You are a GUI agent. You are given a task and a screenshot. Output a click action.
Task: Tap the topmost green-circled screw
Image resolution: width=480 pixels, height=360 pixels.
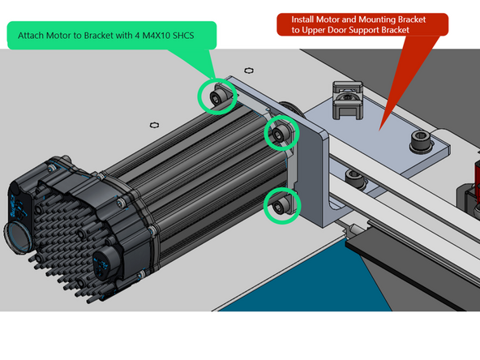tap(217, 96)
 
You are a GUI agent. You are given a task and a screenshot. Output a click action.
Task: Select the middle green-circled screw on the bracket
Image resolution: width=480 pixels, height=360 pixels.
tap(281, 132)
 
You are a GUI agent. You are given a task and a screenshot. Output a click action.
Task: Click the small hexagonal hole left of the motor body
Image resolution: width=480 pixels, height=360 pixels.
tap(154, 125)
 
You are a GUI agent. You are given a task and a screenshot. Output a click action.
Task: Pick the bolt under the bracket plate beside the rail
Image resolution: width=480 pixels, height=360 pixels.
tap(352, 174)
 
